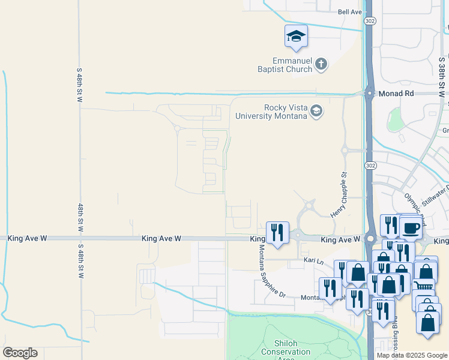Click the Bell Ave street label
(x=351, y=11)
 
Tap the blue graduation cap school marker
(x=296, y=37)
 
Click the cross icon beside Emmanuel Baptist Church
(x=321, y=64)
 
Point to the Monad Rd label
(x=396, y=94)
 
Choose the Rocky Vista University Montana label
(x=271, y=112)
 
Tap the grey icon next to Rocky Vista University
(x=316, y=111)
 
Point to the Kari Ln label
(x=313, y=262)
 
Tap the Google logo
(x=20, y=353)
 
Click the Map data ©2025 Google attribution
(x=412, y=355)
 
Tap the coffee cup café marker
(x=412, y=228)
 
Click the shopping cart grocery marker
(x=423, y=286)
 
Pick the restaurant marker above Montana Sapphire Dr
(x=277, y=232)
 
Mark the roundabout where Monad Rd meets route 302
(x=369, y=93)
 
